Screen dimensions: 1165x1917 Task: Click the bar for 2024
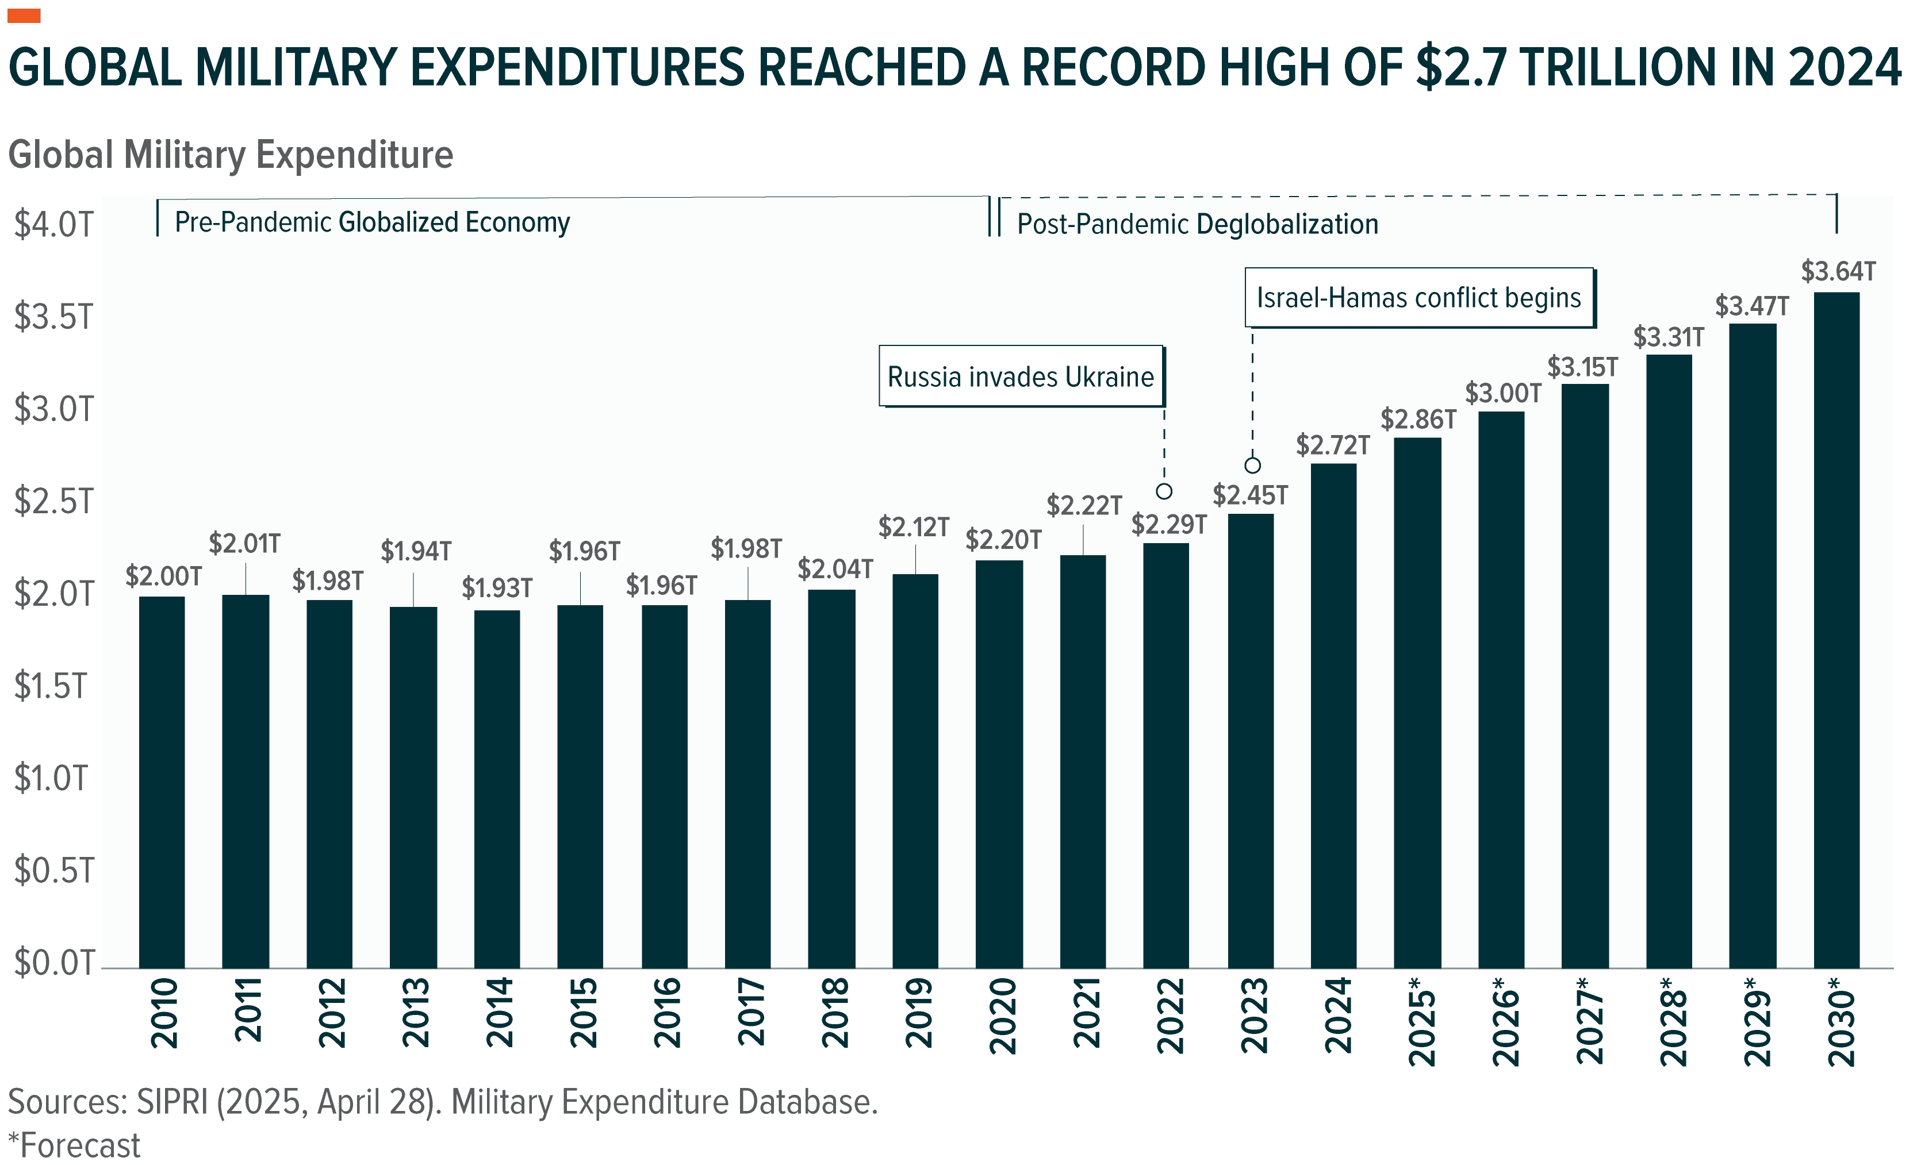click(x=1333, y=716)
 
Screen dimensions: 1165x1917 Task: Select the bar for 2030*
click(x=1837, y=630)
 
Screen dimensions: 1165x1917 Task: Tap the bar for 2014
click(x=497, y=789)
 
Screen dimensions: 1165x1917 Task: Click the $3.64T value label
click(x=1838, y=271)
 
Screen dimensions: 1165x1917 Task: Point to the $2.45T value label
click(x=1250, y=495)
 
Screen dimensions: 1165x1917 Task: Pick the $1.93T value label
click(x=497, y=588)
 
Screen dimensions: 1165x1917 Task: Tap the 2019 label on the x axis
click(x=919, y=1013)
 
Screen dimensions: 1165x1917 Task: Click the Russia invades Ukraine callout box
click(x=1021, y=376)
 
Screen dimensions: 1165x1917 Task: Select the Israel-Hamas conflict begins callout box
click(x=1418, y=298)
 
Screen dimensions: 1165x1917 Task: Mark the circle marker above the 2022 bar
click(x=1164, y=491)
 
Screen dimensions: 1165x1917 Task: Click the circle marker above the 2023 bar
click(x=1252, y=465)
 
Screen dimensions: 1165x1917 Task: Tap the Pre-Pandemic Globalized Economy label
click(x=372, y=222)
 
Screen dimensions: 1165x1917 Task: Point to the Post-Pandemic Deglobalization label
click(x=1197, y=224)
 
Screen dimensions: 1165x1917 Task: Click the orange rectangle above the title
click(x=24, y=16)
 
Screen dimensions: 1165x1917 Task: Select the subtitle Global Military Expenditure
click(x=231, y=154)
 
